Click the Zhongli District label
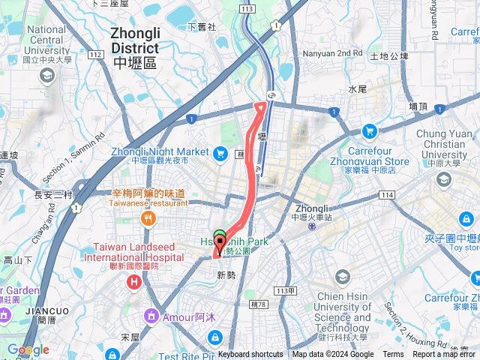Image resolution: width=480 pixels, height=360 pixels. point(135,47)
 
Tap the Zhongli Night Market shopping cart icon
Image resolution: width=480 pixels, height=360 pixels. point(220,154)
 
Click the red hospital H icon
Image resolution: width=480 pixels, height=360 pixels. point(134,283)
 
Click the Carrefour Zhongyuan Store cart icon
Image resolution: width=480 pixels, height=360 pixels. point(369,131)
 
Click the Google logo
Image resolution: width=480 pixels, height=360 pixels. point(28,349)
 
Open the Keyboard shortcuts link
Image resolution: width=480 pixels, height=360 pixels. point(250,355)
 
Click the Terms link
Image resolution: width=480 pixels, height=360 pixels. point(393,355)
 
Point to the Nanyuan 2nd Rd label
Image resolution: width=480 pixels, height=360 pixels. point(332,54)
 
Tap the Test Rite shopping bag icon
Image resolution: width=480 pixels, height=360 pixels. point(216,337)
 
